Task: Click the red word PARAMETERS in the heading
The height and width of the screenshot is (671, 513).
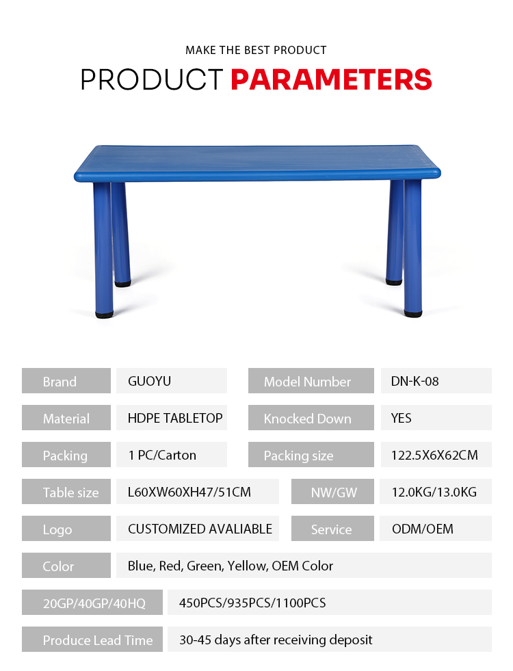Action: [331, 79]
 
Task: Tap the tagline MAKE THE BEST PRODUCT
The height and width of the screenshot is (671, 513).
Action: [256, 50]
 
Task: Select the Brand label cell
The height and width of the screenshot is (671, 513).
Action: [66, 381]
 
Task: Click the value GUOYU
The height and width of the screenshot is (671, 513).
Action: [149, 381]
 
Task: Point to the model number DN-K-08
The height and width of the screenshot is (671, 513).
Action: [415, 381]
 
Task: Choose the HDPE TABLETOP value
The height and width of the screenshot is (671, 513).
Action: [175, 418]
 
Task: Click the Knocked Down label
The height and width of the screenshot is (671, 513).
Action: [307, 419]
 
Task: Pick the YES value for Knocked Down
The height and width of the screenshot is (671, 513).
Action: [401, 418]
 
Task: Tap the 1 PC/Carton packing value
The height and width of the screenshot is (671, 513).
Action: [162, 455]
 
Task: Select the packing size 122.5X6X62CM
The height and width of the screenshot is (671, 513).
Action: [434, 455]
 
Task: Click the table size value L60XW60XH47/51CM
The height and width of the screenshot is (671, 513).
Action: [189, 492]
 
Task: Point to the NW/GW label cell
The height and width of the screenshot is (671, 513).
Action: [333, 492]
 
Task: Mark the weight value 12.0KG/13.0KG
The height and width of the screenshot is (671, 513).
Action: [434, 492]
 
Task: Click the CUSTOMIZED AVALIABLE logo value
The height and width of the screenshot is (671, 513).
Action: [200, 529]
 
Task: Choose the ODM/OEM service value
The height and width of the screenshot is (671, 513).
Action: [422, 529]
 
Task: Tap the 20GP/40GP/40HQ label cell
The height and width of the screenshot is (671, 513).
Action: [92, 602]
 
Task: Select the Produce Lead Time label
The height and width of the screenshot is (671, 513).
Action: [98, 640]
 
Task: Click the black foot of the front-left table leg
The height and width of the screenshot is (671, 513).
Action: [105, 315]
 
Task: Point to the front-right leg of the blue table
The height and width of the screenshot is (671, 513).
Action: [412, 248]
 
